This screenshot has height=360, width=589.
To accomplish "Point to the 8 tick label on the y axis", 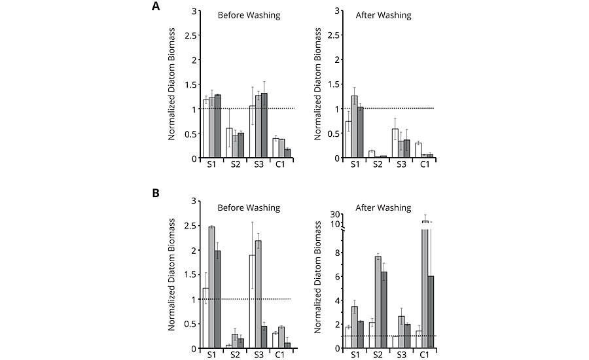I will [338, 252].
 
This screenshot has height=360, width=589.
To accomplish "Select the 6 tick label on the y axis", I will [338, 276].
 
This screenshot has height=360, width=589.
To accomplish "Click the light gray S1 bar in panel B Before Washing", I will [212, 287].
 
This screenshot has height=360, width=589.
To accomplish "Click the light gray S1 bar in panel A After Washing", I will [355, 127].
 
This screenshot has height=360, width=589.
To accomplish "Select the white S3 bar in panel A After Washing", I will [395, 143].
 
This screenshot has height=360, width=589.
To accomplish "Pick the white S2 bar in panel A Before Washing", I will [229, 143].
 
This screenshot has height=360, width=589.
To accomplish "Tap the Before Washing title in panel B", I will [248, 207].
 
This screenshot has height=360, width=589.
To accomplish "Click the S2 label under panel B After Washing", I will [379, 355].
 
